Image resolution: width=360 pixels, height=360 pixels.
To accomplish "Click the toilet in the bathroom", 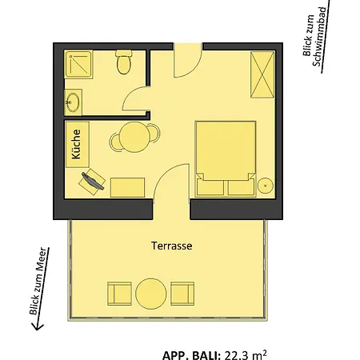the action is (x=123, y=62).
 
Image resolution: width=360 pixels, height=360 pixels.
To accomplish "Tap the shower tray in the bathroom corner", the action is (x=78, y=64).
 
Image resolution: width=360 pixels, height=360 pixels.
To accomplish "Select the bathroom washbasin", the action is (x=73, y=102).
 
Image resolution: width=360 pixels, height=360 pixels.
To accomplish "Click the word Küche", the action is (x=76, y=144).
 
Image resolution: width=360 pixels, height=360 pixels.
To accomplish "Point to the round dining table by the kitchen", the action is (x=134, y=137).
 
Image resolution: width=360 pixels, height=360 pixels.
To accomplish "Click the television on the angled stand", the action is (x=93, y=181).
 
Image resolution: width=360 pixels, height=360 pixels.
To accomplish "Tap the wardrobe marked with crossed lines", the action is (x=262, y=74).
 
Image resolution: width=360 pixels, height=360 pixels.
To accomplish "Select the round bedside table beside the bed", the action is (x=266, y=186).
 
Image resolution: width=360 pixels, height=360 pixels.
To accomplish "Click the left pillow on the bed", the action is (x=210, y=187).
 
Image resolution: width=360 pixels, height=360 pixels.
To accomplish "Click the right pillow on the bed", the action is (x=241, y=187).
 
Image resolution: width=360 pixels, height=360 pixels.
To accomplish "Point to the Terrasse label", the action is (x=172, y=246).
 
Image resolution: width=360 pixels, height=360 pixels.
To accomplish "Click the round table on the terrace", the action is (x=151, y=294).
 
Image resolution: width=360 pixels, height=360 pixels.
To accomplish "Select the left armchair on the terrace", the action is (x=119, y=294).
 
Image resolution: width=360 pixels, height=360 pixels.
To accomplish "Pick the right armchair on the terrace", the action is (x=182, y=294).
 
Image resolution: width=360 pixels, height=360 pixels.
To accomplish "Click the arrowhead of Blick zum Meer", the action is (x=37, y=326).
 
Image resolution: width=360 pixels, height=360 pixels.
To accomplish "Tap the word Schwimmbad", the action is (x=319, y=37).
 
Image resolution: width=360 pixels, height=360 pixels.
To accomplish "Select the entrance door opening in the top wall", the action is (x=188, y=46).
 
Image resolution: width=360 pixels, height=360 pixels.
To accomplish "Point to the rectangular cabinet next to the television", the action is (x=127, y=187).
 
